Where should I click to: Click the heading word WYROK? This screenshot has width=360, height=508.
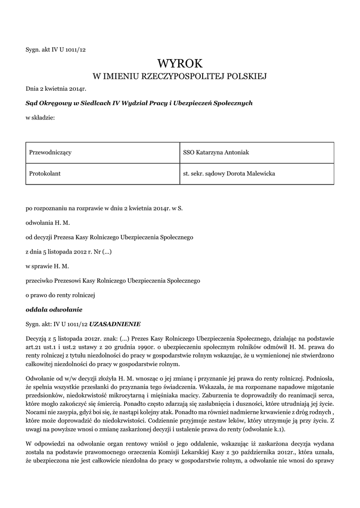pos(180,63)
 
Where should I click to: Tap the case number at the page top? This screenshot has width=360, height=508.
pos(56,49)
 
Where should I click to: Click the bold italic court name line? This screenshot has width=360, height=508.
pos(139,103)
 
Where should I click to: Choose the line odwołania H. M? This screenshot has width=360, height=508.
pos(48,223)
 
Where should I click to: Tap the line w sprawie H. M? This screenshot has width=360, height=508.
pos(47,266)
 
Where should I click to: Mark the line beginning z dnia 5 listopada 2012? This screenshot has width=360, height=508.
pos(69,252)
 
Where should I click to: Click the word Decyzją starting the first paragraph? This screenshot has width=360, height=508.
pos(36,336)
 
